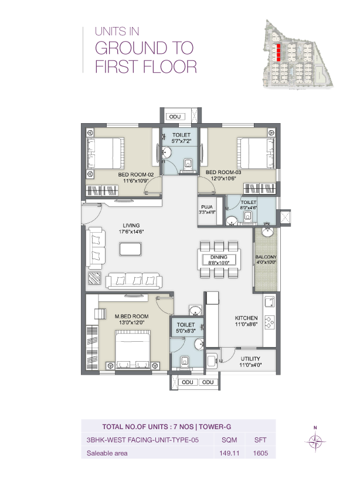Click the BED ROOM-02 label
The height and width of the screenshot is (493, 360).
[135, 175]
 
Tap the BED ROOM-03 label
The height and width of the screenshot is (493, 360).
[223, 172]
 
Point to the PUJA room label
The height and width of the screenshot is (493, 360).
[206, 207]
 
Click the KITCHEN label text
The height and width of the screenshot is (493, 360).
[247, 318]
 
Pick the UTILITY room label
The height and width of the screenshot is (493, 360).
[250, 358]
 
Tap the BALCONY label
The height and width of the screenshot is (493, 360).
[266, 257]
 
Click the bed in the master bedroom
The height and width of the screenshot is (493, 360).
[133, 349]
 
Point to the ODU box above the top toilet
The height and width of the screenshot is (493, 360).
[179, 117]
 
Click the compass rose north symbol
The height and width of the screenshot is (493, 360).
[315, 441]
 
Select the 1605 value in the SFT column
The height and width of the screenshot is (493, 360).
[260, 453]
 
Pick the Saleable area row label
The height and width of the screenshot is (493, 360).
[107, 453]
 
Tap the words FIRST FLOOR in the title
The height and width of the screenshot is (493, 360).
[145, 67]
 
